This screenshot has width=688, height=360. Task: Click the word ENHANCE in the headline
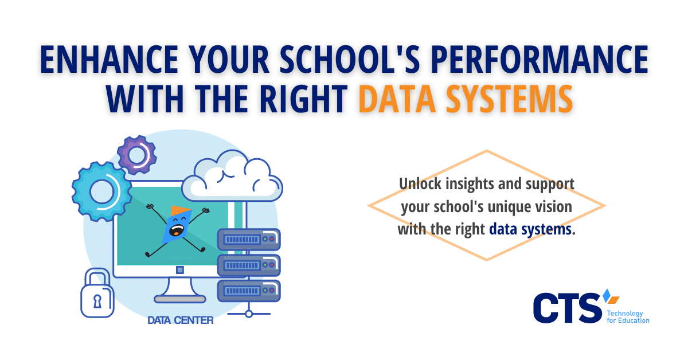pos(109,59)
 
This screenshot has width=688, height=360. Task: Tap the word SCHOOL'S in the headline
pos(350,59)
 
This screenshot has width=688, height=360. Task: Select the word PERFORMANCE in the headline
pos(540,59)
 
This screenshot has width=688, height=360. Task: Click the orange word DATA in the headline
pos(397,99)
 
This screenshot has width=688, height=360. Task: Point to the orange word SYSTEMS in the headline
pos(510,99)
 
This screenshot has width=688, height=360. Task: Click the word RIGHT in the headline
pos(304,99)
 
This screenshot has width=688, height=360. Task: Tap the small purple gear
pos(137,155)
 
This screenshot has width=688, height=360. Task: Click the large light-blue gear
pos(102,191)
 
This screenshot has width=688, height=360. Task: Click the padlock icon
pos(97,294)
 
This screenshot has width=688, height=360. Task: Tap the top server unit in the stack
pos(249,239)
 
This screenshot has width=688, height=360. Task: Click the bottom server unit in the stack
pos(249,291)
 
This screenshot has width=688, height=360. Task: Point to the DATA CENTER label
pos(180,320)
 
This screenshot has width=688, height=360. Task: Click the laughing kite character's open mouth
pos(177,230)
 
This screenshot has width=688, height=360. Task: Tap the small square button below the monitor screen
pos(180,270)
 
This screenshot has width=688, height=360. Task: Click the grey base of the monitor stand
pos(179,299)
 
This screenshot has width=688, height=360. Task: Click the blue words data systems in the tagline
pos(530,229)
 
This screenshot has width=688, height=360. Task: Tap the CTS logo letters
pos(567,308)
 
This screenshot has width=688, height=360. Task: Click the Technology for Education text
pos(628,317)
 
